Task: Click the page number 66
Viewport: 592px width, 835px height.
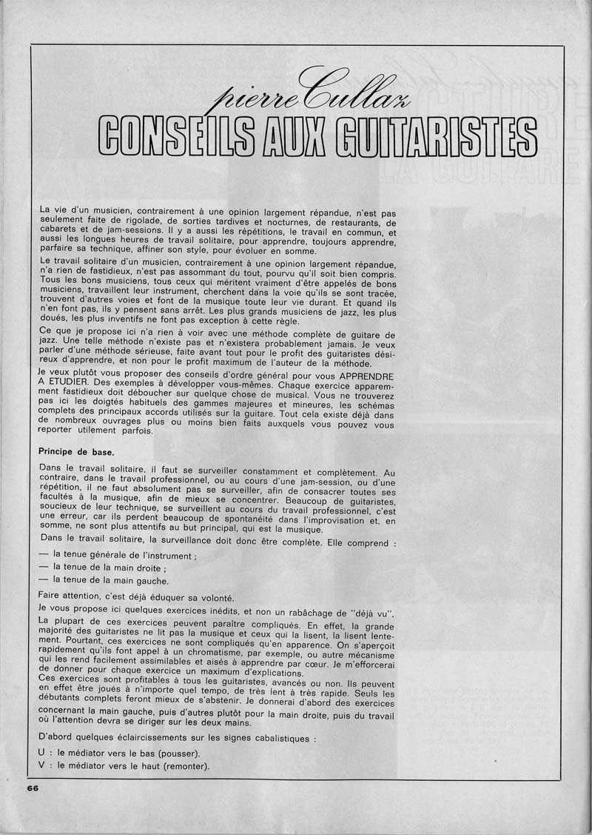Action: click(x=33, y=788)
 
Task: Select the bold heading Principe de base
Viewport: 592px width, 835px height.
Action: click(x=76, y=450)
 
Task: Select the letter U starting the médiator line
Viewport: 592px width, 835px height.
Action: click(x=41, y=752)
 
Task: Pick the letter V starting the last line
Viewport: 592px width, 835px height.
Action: click(x=41, y=765)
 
